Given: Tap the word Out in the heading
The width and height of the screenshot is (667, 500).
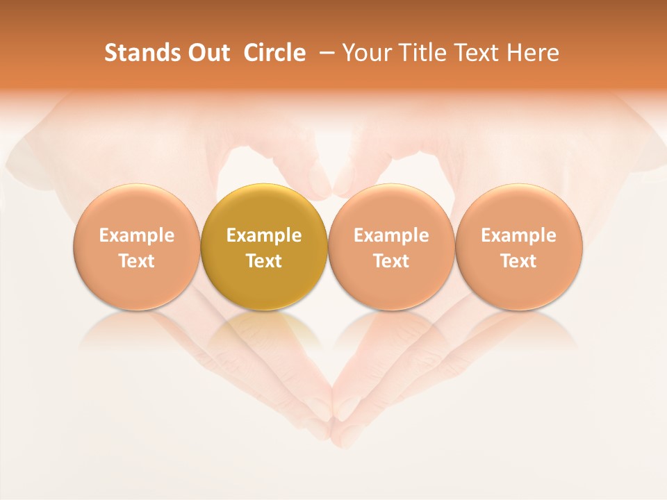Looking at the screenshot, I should coord(206,53).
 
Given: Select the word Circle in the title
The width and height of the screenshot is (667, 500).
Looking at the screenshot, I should coord(274,53).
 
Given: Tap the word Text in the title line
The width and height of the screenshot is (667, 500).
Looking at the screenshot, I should coord(474,53).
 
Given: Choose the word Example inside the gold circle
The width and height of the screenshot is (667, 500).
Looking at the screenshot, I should coord(264,235).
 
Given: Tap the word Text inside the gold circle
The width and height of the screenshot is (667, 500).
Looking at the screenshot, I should coord(264,261).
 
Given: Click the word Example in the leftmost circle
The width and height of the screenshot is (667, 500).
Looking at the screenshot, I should coord(137,235).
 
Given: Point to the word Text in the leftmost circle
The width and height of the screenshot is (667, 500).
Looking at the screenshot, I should coord(137,261).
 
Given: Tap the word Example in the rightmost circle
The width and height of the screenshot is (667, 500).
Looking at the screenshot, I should coord(519,235).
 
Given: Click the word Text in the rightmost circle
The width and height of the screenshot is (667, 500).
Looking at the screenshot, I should coord(519,261).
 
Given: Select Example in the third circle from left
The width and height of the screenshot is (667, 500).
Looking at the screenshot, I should coord(391,235).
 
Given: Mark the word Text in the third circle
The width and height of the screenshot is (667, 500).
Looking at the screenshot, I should coord(391,261).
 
